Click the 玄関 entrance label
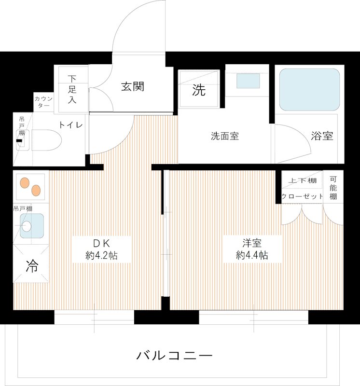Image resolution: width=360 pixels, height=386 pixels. coord(132,87)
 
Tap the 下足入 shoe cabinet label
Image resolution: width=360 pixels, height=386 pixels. coord(72,89)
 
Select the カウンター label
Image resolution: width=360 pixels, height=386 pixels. coord(44,102)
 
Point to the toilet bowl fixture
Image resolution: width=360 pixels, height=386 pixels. coord(46,140)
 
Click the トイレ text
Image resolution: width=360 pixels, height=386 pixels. coord(70,125)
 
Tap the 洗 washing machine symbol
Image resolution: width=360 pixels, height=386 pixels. coord(199,90)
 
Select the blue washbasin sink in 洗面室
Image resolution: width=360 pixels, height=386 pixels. coord(248,81)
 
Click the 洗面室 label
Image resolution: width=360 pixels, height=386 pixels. coord(224,136)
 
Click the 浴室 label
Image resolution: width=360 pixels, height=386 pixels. coord(322,136)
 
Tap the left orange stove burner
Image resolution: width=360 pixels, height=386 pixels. coord(24,183)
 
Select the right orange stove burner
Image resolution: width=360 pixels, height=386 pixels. coord(35,190)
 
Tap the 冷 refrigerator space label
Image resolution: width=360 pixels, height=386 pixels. coord(31,266)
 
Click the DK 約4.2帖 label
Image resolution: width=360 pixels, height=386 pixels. coord(101,249)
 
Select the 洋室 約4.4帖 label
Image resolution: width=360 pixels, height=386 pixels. coord(252,249)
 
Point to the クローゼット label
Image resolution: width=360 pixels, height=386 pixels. coord(302,196)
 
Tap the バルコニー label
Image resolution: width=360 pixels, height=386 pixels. coord(174,357)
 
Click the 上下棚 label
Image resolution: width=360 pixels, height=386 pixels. coord(302,180)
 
